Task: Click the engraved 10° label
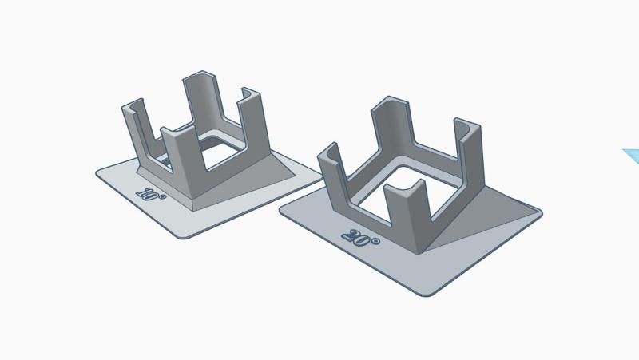151,194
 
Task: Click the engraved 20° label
360,238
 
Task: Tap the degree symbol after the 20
375,242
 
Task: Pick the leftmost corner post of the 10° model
137,126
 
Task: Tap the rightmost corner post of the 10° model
253,122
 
